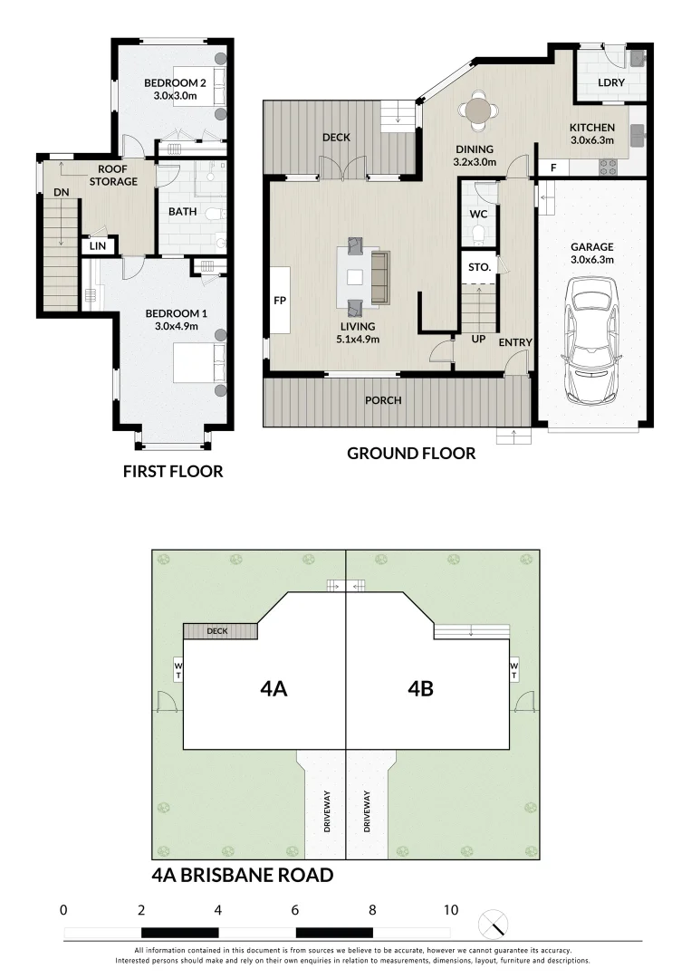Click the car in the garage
click(591, 340)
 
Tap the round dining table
click(478, 110)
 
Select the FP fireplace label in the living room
click(280, 301)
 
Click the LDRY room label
click(611, 82)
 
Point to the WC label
click(478, 214)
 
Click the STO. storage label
click(480, 267)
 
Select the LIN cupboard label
click(98, 245)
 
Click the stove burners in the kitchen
click(608, 167)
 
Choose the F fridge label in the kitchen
click(553, 168)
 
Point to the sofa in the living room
click(379, 275)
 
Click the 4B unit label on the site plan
click(420, 688)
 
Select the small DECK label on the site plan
click(217, 631)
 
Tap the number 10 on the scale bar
click(451, 910)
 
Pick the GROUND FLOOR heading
click(411, 454)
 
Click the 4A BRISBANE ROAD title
click(243, 875)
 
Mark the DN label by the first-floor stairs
click(61, 192)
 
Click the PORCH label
click(383, 400)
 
